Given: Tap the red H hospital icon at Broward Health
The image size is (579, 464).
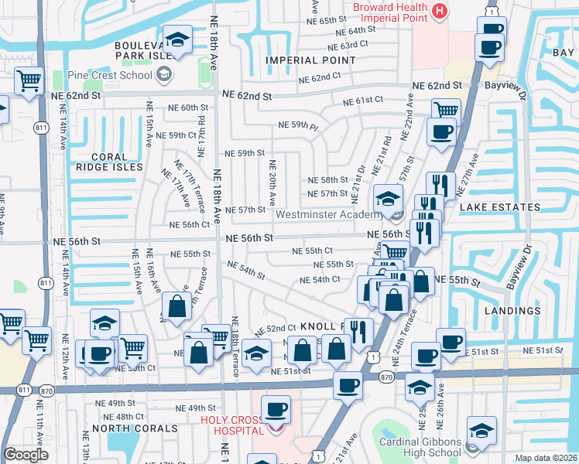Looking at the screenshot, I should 440,11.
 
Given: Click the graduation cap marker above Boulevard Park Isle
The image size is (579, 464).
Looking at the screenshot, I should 178,39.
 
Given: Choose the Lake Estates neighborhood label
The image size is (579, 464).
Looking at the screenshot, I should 499,207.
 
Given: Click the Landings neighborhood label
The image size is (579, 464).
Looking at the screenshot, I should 512,310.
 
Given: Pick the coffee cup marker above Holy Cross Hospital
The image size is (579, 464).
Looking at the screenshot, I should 276,408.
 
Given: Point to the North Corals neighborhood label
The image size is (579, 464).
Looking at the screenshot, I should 129,428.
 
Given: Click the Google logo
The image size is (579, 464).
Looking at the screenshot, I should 26,454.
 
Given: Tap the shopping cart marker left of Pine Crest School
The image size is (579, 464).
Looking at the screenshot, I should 29,80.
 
